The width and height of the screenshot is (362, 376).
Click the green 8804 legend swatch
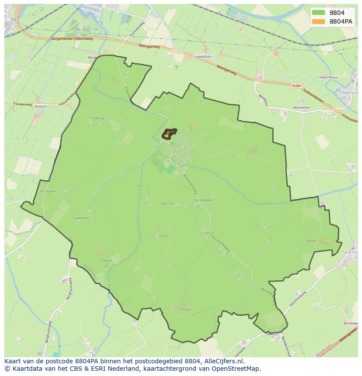(319, 13)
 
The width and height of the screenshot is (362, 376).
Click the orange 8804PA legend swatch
(319, 21)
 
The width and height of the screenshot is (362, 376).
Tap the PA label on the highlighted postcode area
(168, 134)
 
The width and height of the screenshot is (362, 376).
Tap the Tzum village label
(174, 146)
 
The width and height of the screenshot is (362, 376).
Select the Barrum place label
(167, 204)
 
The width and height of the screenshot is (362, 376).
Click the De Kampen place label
(204, 200)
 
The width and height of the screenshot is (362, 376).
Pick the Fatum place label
(209, 233)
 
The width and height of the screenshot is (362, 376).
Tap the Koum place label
(164, 235)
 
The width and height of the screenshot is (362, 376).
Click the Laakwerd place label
(81, 217)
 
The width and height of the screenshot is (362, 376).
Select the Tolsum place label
(106, 260)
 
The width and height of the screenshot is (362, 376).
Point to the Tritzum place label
(185, 310)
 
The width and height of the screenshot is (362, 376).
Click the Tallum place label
(311, 241)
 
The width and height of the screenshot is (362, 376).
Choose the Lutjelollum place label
(203, 56)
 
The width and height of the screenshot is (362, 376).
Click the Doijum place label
(41, 106)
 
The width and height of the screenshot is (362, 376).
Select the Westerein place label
(301, 107)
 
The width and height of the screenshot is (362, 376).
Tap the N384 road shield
(297, 86)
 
